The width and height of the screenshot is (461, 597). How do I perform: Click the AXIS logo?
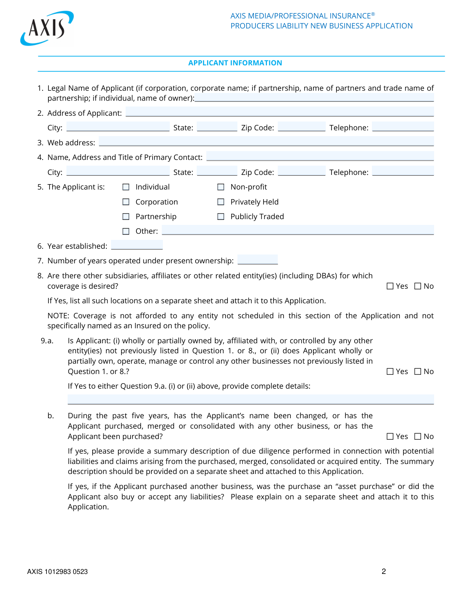click(x=47, y=28)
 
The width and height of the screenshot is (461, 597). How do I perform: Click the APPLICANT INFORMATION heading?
click(x=235, y=63)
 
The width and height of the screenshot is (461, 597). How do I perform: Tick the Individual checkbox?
click(x=126, y=187)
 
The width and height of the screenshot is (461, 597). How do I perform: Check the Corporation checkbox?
click(x=126, y=202)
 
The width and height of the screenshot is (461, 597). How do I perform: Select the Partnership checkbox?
click(x=126, y=217)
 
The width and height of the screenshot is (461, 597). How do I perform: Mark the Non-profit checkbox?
click(x=221, y=187)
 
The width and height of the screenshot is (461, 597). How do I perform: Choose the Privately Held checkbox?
click(x=221, y=202)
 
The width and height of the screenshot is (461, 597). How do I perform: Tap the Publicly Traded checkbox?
click(x=221, y=217)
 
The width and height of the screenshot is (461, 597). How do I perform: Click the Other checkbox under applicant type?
click(x=126, y=231)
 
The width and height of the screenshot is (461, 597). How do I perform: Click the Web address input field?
click(x=266, y=141)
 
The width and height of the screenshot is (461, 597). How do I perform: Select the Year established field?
click(x=137, y=245)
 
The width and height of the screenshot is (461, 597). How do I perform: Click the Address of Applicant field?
click(x=279, y=112)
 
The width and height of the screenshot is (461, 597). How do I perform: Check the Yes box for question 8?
click(x=390, y=286)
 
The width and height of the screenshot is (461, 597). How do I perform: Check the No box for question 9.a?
click(x=418, y=371)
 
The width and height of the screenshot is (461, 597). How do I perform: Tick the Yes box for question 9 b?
click(x=390, y=436)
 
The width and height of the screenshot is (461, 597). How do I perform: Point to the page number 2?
click(x=384, y=571)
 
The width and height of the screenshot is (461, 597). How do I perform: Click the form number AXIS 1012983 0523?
click(x=57, y=572)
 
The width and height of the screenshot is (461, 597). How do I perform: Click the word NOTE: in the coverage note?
click(x=58, y=316)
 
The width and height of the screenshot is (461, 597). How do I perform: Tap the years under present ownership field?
click(x=257, y=260)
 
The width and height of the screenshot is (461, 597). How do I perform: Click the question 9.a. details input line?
click(x=250, y=399)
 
